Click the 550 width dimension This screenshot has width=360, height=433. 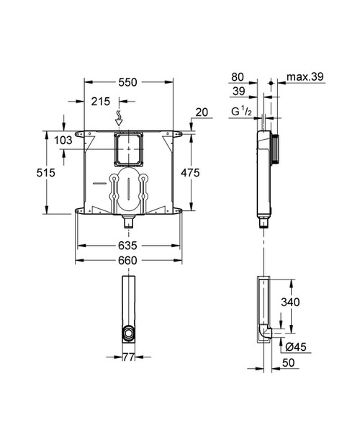coord(127,83)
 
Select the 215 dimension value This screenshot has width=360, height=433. coord(100,102)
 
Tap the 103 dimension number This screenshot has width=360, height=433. coord(63,140)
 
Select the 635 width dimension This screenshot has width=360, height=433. coord(127,246)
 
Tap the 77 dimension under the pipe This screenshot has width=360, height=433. coord(127,357)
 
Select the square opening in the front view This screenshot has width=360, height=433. coord(127,148)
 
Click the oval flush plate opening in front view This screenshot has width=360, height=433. coord(127,191)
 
